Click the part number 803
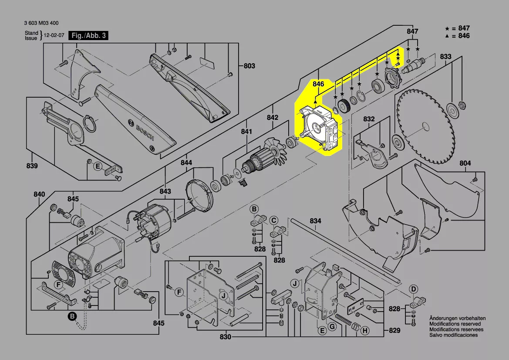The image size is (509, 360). click(x=249, y=66)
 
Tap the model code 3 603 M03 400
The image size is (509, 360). click(x=42, y=24)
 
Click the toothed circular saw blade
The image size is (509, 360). click(x=424, y=126)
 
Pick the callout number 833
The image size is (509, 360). click(x=445, y=57)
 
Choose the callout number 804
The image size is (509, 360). click(x=465, y=163)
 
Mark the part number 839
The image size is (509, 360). click(x=32, y=166)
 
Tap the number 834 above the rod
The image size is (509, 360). click(x=316, y=221)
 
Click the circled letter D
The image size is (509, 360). click(x=414, y=289)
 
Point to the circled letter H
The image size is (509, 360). click(x=365, y=331)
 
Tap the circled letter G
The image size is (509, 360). click(x=332, y=327)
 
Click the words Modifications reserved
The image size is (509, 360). click(x=455, y=324)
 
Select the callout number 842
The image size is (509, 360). click(x=273, y=118)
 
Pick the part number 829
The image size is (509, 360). click(x=394, y=331)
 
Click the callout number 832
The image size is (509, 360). click(x=369, y=119)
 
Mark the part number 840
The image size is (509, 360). click(x=39, y=194)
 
